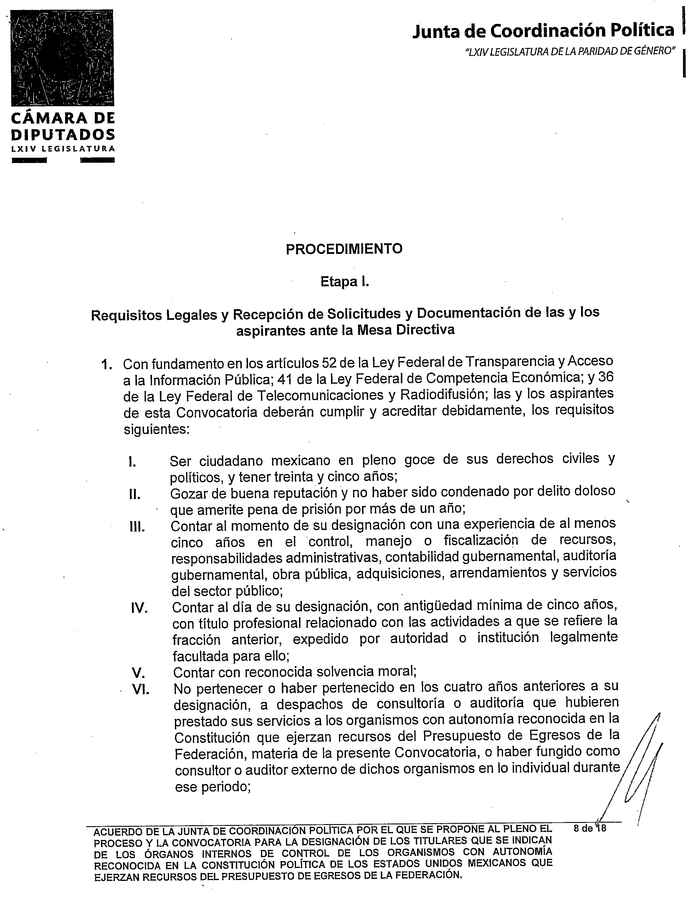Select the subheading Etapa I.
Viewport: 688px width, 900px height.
click(x=344, y=282)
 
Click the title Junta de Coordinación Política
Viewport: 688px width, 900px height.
click(x=543, y=31)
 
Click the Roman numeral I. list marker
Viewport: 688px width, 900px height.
click(x=132, y=463)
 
